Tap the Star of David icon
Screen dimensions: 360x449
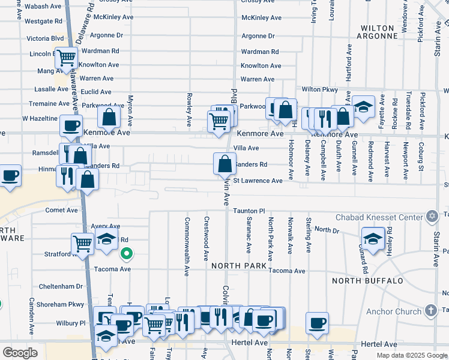pyautogui.click(x=431, y=216)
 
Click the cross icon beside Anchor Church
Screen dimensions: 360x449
pyautogui.click(x=430, y=311)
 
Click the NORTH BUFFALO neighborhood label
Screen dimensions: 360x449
pyautogui.click(x=367, y=281)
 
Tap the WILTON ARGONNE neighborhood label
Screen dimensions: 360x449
pyautogui.click(x=379, y=32)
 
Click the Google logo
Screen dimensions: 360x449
pyautogui.click(x=20, y=353)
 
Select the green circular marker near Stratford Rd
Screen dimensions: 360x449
pyautogui.click(x=126, y=254)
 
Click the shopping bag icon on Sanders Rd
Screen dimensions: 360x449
pyautogui.click(x=224, y=163)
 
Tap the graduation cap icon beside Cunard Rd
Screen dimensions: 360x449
pyautogui.click(x=373, y=238)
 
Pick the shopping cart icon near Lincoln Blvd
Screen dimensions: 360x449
pyautogui.click(x=67, y=58)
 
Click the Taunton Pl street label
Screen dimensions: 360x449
pyautogui.click(x=249, y=211)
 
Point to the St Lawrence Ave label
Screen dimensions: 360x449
pyautogui.click(x=258, y=181)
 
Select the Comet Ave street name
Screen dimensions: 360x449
pyautogui.click(x=62, y=211)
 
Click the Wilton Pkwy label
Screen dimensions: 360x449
pyautogui.click(x=320, y=89)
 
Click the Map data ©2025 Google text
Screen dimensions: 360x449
pyautogui.click(x=411, y=355)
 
